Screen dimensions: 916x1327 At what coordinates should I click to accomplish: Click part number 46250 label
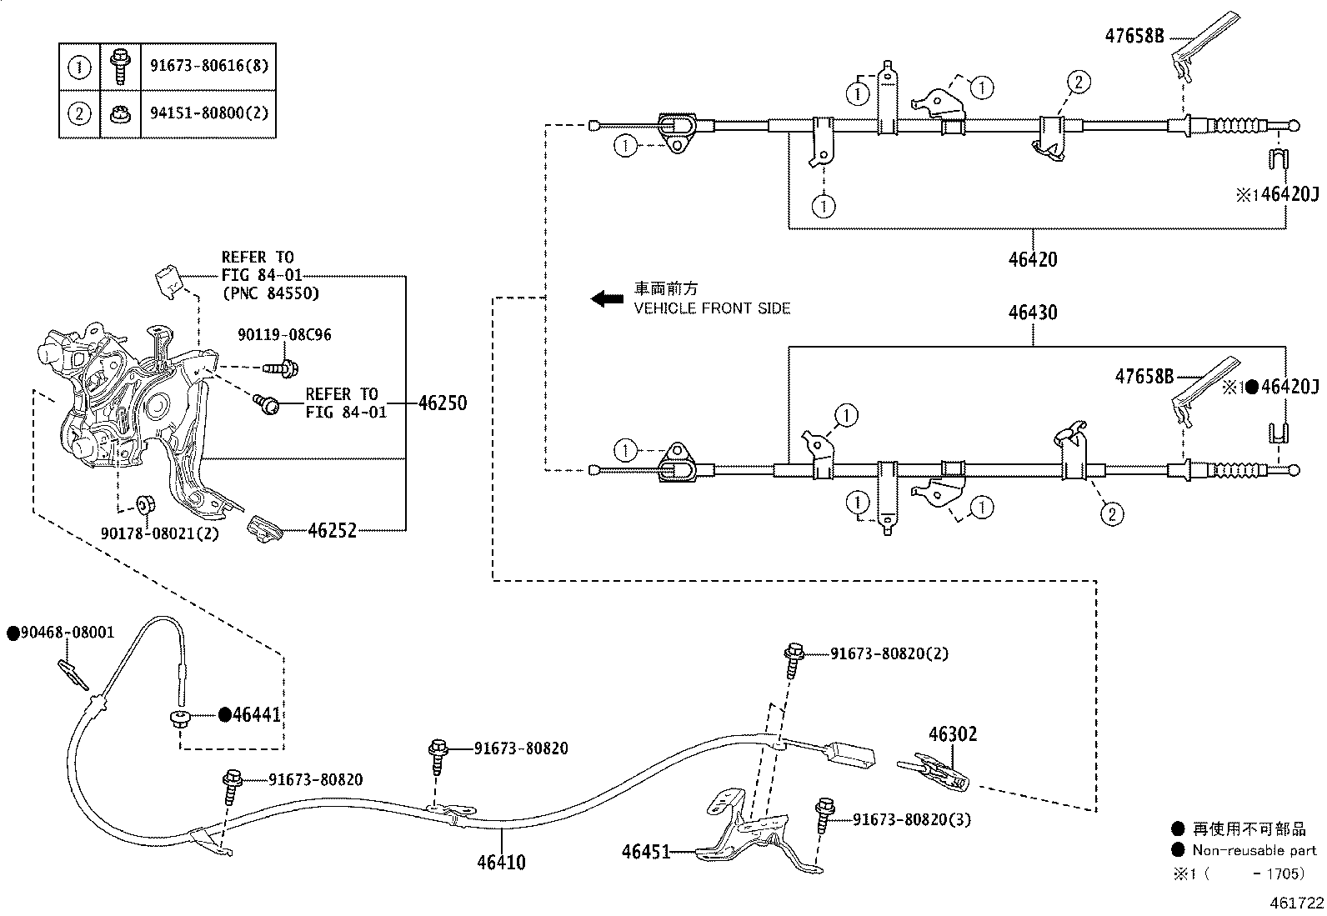coord(442,403)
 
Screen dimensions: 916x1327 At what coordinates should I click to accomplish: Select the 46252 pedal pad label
coord(332,530)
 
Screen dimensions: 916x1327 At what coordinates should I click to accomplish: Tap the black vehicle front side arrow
coord(607,298)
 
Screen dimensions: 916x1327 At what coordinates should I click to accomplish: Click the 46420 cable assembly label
coord(1032,259)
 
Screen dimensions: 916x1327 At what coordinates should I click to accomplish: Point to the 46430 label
coord(1032,313)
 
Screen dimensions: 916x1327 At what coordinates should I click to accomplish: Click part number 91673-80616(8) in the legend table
coord(209,66)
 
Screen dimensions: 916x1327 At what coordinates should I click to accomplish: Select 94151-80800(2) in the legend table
coord(209,113)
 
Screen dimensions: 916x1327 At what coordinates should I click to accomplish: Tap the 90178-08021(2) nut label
coord(159,533)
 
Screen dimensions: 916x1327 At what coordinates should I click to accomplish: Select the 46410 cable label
coord(501,862)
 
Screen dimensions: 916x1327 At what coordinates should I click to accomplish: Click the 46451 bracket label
coord(645,852)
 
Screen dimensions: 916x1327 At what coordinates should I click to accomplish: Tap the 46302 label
coord(953,734)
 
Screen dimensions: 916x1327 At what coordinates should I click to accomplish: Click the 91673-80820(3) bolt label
coord(912,819)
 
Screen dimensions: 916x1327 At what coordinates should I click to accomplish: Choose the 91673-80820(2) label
coord(889,653)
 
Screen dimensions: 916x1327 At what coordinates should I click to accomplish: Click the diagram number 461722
coord(1296,903)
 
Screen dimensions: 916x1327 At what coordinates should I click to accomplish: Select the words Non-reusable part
coord(1254,850)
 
